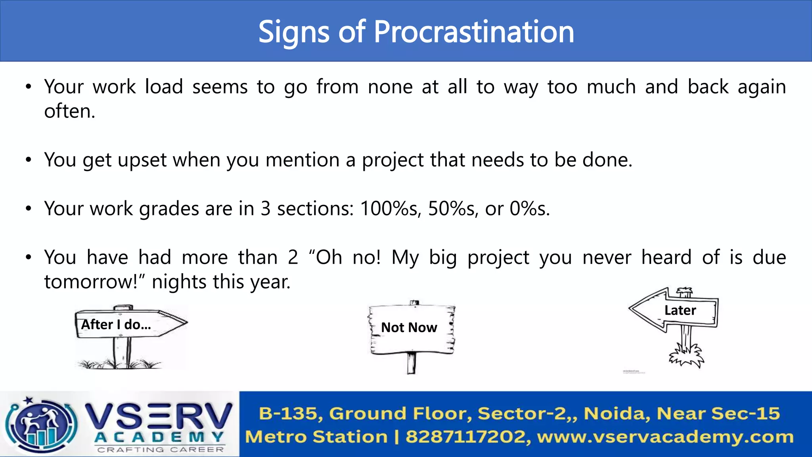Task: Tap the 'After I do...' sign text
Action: [116, 325]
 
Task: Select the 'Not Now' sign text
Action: [409, 328]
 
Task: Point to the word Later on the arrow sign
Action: [680, 310]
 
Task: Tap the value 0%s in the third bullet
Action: [529, 209]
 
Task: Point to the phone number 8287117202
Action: [465, 437]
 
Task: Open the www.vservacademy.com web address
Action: [665, 437]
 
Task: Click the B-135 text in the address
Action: [288, 413]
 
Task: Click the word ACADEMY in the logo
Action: [159, 437]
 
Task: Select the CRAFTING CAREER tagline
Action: [160, 450]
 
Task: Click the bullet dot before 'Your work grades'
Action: [28, 209]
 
